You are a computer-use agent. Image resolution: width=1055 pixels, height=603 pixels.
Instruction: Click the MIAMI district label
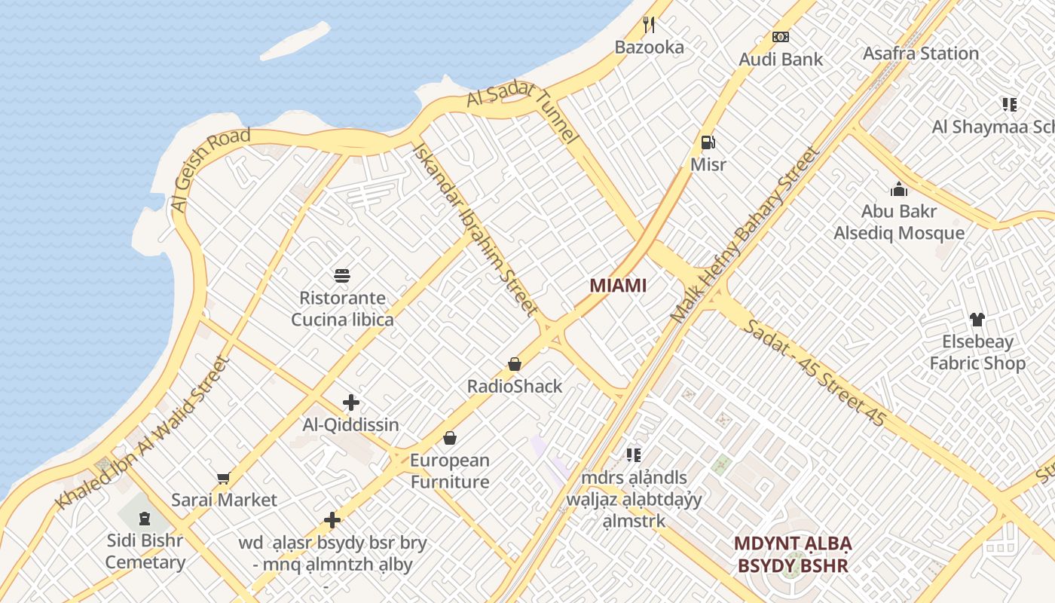[x=618, y=286]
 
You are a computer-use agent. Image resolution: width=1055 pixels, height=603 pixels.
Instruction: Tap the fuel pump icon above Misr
[x=708, y=142]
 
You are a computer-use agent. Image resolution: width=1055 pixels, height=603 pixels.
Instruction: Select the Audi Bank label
[x=781, y=60]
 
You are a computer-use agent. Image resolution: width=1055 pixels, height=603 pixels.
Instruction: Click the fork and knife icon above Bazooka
[x=649, y=25]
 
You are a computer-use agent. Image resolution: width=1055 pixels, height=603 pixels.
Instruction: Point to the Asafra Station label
[x=920, y=54]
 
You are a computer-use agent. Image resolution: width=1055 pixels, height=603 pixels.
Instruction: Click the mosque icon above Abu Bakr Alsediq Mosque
[x=898, y=189]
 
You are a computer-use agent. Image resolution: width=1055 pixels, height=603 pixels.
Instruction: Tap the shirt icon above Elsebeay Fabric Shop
[x=977, y=320]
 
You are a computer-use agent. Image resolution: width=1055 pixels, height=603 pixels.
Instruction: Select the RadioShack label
[x=515, y=387]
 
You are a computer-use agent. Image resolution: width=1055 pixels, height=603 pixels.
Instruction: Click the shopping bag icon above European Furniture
[x=450, y=438]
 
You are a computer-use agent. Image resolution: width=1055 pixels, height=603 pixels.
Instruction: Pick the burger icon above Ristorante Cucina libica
[x=342, y=276]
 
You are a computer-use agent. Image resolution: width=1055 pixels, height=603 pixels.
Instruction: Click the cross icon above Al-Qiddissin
[x=350, y=403]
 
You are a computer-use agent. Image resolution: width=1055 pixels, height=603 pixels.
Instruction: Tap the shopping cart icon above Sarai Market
[x=223, y=478]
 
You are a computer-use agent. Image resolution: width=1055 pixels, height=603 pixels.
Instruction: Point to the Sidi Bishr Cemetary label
[x=145, y=551]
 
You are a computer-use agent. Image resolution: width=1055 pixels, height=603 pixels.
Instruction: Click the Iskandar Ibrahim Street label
[x=475, y=228]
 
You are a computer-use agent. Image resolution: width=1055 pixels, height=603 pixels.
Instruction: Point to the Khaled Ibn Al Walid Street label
[x=142, y=433]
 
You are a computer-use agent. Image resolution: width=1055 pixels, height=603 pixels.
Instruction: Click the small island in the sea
[x=295, y=41]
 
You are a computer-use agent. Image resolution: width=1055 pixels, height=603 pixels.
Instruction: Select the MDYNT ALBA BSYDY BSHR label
[x=793, y=554]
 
